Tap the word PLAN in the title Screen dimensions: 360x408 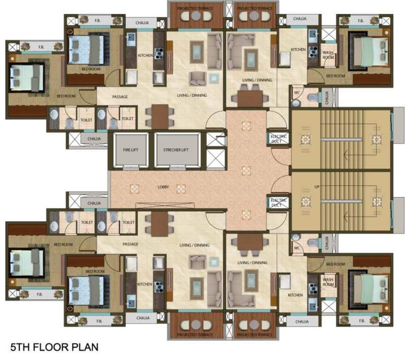click(x=86, y=348)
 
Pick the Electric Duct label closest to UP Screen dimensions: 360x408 click(x=279, y=202)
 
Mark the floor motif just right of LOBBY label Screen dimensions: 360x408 click(x=181, y=188)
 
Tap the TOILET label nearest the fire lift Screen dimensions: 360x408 click(x=127, y=120)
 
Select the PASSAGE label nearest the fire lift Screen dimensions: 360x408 click(x=120, y=97)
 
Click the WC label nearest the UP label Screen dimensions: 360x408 click(x=296, y=248)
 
